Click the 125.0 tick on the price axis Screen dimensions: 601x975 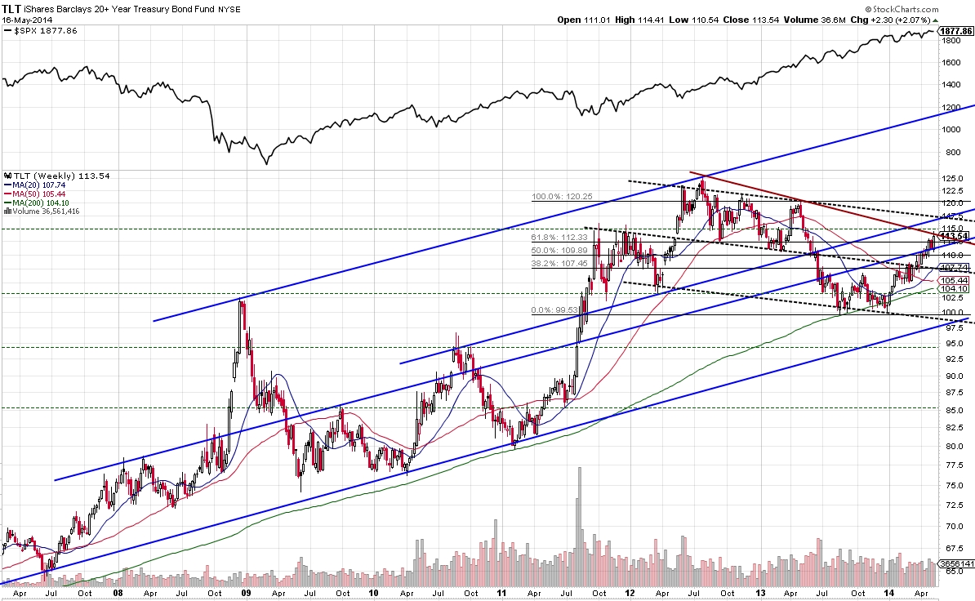(951, 178)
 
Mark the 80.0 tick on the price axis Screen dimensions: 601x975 (949, 447)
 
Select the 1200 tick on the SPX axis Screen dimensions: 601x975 (949, 107)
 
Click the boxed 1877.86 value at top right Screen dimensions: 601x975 (956, 31)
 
